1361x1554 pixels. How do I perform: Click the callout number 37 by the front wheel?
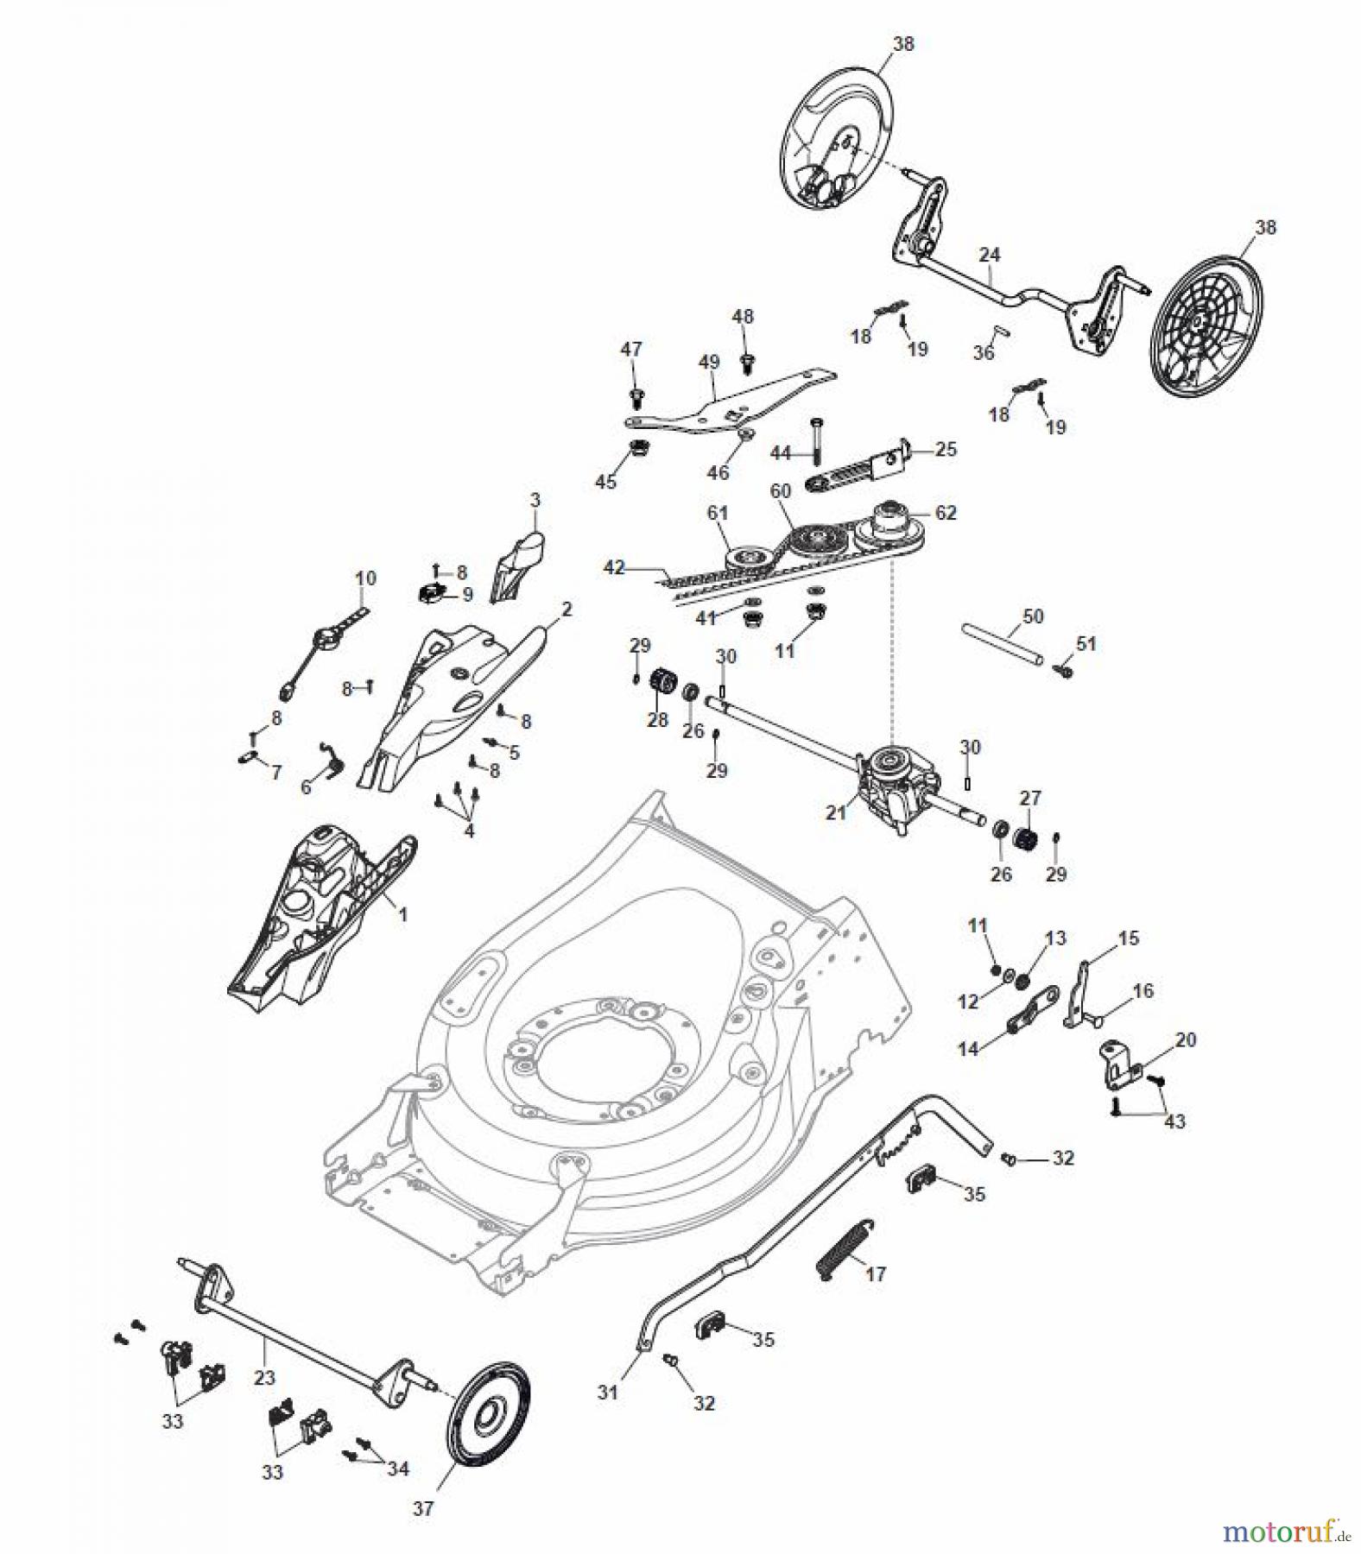(423, 1508)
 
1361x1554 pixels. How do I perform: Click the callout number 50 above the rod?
(1033, 616)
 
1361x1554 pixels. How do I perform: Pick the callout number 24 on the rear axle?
(990, 255)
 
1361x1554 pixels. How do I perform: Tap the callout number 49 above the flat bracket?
(709, 362)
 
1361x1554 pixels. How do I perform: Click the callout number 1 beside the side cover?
(402, 914)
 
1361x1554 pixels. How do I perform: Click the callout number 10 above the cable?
(365, 578)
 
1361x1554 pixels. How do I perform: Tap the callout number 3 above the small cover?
(535, 500)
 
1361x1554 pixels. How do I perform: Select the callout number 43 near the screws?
(1175, 1121)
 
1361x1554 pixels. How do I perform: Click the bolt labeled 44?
(816, 440)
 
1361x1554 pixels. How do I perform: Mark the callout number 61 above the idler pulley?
(718, 513)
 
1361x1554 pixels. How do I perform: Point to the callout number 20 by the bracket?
(1186, 1039)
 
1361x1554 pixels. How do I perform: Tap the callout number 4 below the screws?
(469, 831)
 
